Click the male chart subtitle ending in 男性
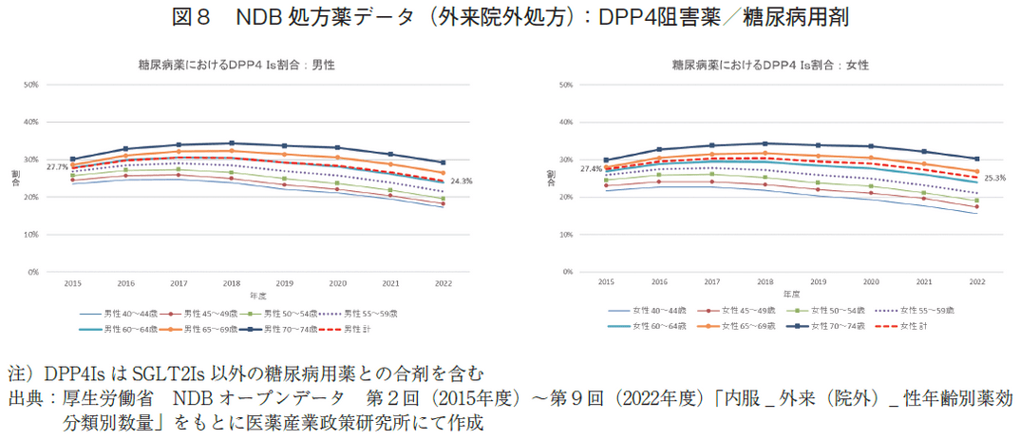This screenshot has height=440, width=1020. tap(236, 66)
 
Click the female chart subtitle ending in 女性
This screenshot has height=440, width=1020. tap(770, 66)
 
